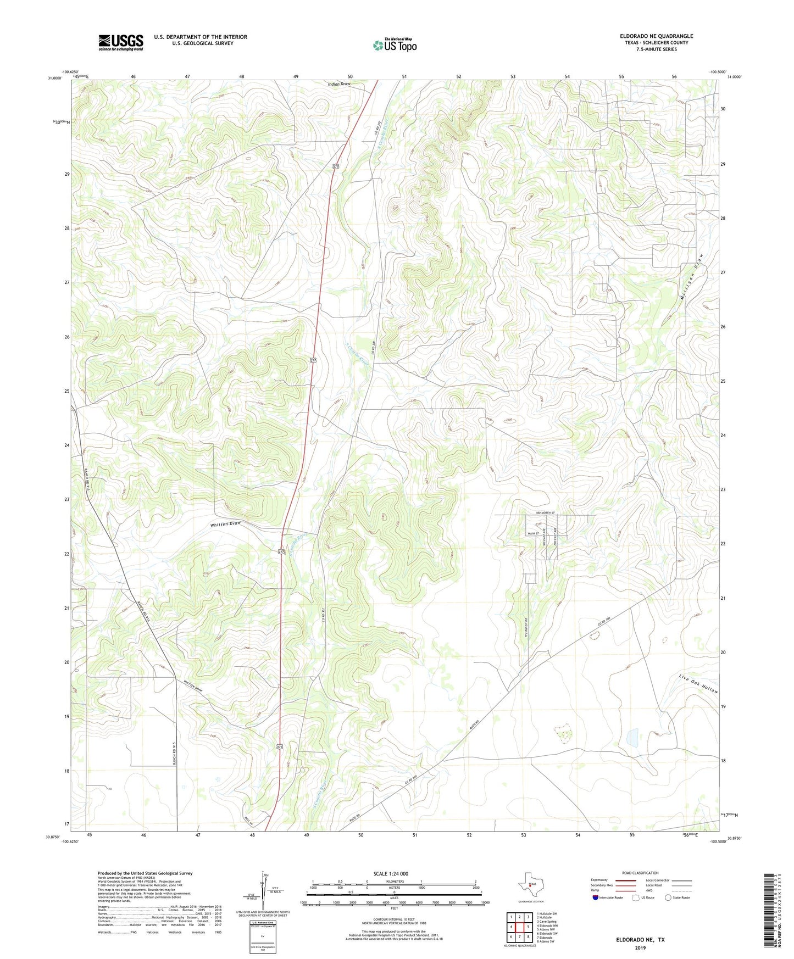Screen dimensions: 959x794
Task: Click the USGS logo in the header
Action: (x=121, y=42)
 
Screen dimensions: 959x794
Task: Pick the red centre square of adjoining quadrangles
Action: (x=519, y=927)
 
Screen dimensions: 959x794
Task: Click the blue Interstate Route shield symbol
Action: (x=595, y=897)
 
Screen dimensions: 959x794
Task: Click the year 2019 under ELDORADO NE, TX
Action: (x=640, y=948)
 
